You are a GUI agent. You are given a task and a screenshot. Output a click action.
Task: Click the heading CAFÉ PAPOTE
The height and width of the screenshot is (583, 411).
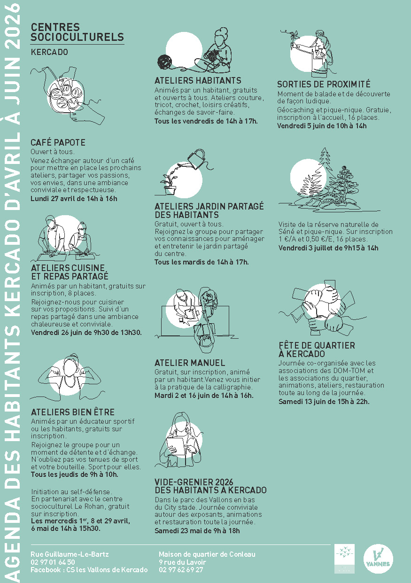point(58,142)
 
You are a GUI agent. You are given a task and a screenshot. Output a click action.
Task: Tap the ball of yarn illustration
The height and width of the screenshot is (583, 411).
point(164,62)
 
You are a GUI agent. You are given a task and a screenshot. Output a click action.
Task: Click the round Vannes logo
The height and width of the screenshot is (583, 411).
point(378,558)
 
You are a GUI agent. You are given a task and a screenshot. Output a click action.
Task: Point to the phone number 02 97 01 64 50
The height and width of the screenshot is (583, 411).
point(53,562)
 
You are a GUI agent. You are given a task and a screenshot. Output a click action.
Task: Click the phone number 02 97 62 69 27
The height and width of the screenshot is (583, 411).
point(181,569)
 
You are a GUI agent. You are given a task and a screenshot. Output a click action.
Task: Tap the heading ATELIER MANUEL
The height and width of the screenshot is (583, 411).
point(190,363)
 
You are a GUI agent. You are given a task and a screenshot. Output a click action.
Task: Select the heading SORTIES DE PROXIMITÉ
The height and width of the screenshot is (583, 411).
point(324,84)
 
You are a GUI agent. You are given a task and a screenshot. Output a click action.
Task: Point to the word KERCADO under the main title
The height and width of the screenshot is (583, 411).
point(49,52)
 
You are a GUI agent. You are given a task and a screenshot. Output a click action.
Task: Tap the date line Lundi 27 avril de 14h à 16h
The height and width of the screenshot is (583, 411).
point(74,199)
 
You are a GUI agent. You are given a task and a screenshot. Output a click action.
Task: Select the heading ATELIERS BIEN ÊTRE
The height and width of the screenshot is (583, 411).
point(73,412)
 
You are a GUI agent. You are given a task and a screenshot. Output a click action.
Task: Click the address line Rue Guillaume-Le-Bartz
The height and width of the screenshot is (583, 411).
point(70,554)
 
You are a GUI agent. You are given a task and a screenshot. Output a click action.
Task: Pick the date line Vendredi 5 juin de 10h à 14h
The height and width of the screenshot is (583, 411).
point(322,126)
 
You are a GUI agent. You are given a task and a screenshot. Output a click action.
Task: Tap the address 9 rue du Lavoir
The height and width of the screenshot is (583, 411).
point(182,562)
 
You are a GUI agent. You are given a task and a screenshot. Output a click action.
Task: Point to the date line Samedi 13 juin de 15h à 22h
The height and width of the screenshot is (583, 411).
point(324,401)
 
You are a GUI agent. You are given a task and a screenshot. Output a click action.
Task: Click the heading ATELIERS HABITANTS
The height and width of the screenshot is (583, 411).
point(198,80)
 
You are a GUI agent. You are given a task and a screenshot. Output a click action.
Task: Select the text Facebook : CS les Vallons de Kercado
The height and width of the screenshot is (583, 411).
point(89,570)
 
